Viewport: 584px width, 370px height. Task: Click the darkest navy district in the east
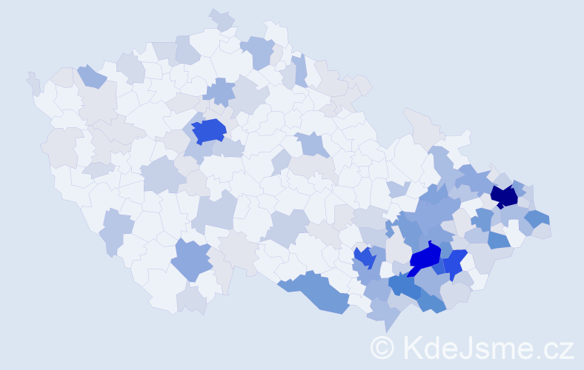(x=505, y=196)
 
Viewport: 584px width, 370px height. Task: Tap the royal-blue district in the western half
(x=208, y=131)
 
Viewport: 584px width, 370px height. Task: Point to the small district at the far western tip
(x=33, y=83)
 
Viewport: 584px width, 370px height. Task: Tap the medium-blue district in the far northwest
(x=91, y=76)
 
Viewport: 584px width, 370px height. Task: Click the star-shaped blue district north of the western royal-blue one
(x=220, y=92)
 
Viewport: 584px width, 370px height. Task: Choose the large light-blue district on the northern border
(x=259, y=50)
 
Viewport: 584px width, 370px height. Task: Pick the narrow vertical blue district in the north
(x=300, y=70)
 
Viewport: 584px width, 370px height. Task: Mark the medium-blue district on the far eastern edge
(x=538, y=218)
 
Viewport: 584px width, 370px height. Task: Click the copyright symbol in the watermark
(x=382, y=347)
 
